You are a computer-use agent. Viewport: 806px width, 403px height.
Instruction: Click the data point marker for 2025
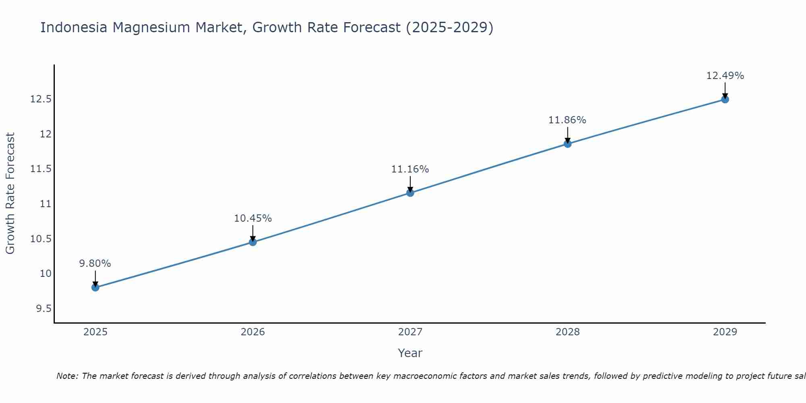96,287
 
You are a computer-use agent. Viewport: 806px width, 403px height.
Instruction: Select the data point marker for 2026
253,242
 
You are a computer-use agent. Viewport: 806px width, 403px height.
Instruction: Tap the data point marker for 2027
410,193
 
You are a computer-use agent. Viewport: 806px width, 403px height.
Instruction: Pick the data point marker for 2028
567,144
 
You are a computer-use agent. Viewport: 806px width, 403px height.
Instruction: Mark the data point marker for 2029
725,99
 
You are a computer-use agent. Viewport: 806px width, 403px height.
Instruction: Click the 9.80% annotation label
95,264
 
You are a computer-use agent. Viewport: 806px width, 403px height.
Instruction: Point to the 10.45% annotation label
253,218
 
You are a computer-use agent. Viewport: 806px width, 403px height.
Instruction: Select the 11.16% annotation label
410,169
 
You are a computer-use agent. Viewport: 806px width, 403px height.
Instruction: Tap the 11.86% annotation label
567,120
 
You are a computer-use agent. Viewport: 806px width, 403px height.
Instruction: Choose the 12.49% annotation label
725,76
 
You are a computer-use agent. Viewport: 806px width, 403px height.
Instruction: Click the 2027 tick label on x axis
410,332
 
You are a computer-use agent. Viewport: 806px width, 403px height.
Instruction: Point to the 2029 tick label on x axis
725,332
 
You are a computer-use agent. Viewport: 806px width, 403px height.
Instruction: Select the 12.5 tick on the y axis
41,99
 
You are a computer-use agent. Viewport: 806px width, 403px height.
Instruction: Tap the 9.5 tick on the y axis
44,309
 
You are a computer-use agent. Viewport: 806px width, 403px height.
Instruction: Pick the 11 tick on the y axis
46,204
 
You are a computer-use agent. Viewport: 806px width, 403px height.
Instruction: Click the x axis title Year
410,353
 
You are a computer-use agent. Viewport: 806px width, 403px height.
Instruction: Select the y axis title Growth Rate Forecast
10,193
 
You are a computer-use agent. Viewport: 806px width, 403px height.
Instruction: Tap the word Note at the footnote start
67,376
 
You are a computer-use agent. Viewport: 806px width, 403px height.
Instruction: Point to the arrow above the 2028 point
567,135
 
